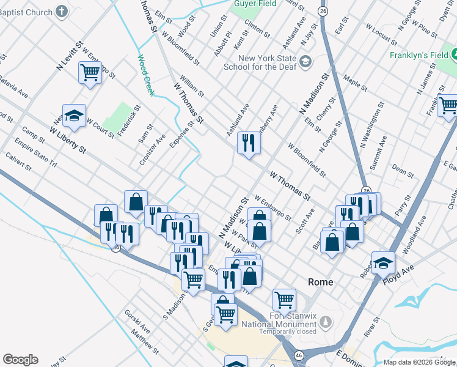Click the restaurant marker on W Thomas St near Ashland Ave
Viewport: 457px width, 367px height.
point(249,143)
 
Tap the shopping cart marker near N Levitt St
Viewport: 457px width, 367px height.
point(90,73)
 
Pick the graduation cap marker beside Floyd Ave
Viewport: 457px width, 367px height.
point(383,262)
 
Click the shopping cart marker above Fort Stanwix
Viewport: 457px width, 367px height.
point(284,300)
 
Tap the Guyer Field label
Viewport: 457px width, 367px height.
point(254,3)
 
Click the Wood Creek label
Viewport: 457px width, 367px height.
point(145,76)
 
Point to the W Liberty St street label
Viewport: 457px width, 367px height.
point(64,139)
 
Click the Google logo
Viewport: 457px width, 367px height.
point(20,360)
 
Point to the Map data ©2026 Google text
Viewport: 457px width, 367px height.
point(419,362)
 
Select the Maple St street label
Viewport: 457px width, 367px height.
point(356,83)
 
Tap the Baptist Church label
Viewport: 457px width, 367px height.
point(27,11)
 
